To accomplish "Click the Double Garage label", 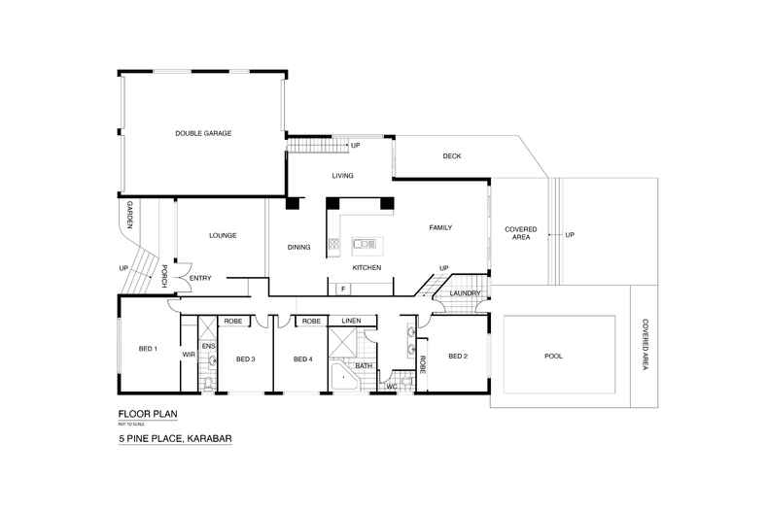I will pyautogui.click(x=203, y=133).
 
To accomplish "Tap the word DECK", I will pyautogui.click(x=451, y=155).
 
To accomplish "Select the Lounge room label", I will pyautogui.click(x=223, y=235).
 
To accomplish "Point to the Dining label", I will pyautogui.click(x=298, y=248).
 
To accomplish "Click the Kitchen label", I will pyautogui.click(x=367, y=267).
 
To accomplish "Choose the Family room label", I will pyautogui.click(x=441, y=227).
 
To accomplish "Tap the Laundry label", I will pyautogui.click(x=465, y=292).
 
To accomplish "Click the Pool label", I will pyautogui.click(x=553, y=356).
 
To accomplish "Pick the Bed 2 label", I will pyautogui.click(x=458, y=356).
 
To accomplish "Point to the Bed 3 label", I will pyautogui.click(x=245, y=359).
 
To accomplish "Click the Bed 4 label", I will pyautogui.click(x=302, y=359).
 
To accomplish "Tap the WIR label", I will pyautogui.click(x=190, y=356).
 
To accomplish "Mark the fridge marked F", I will pyautogui.click(x=342, y=288).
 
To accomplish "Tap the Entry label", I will pyautogui.click(x=200, y=279).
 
